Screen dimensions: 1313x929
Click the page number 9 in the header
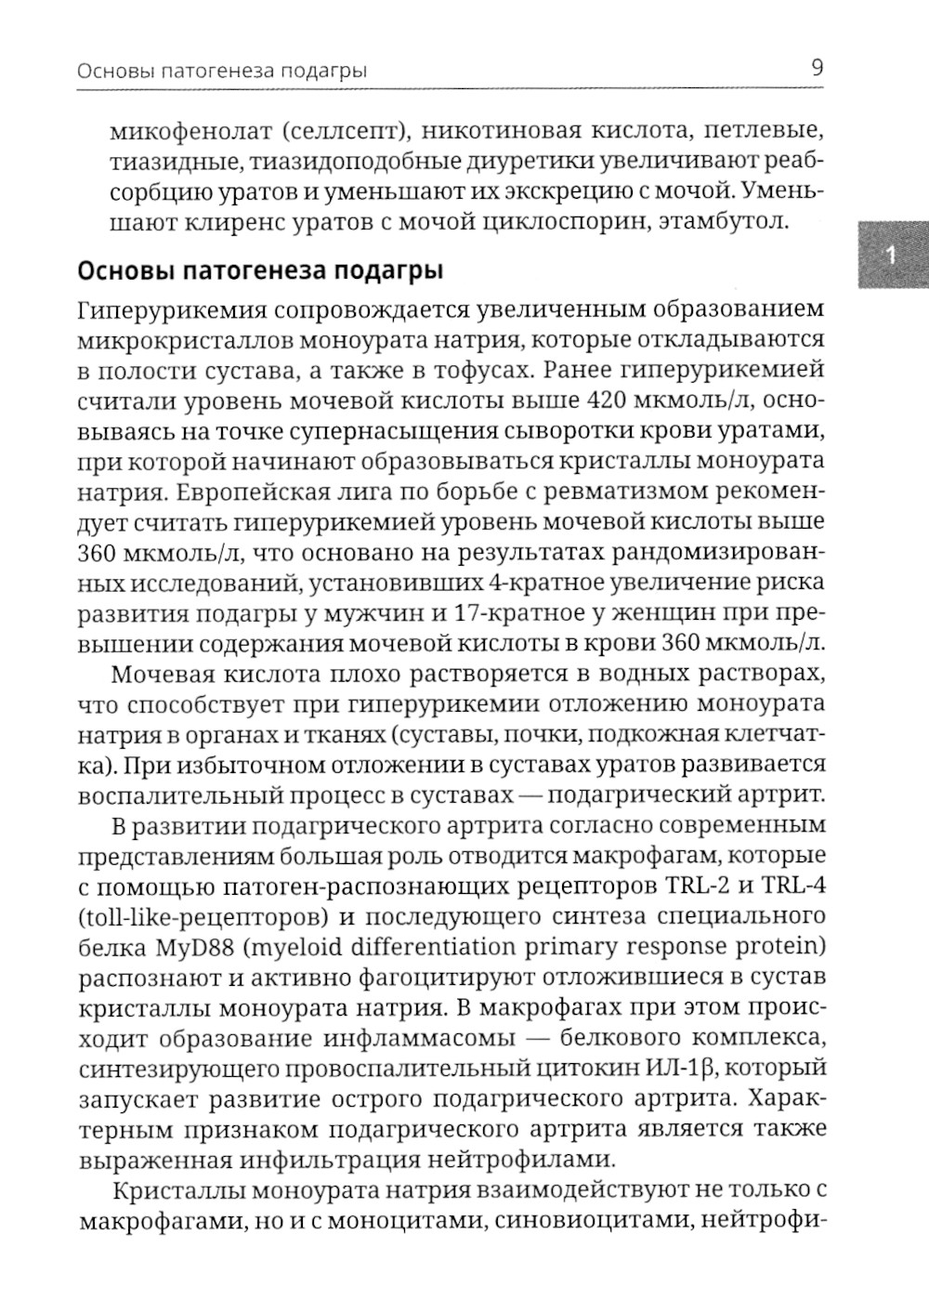817,68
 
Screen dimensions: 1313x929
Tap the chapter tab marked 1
890,256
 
